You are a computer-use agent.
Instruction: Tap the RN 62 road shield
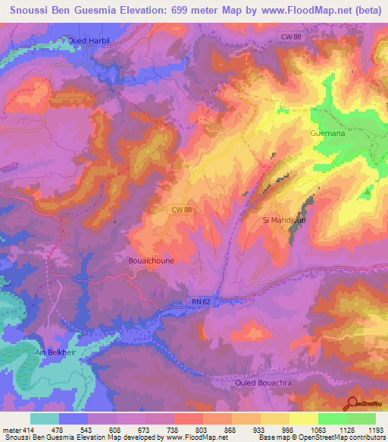[200, 302]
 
